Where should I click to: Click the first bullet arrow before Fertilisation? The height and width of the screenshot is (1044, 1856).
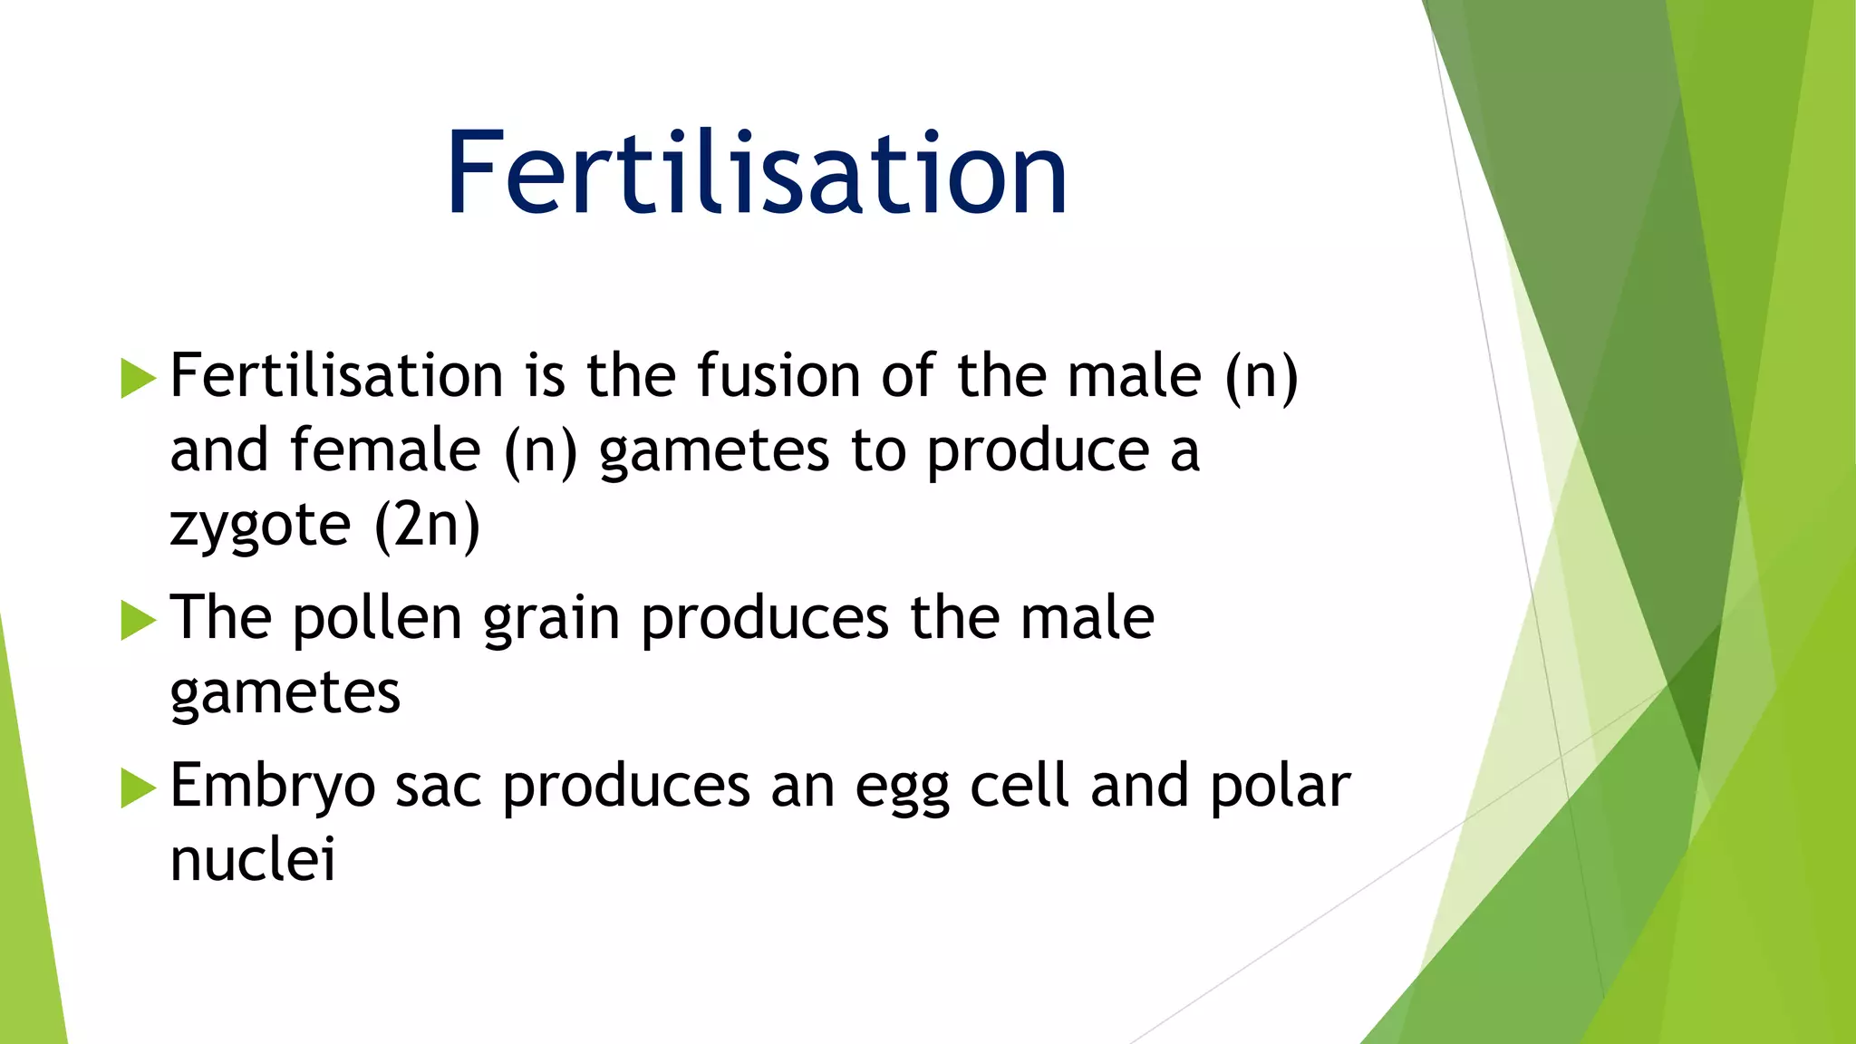click(x=138, y=378)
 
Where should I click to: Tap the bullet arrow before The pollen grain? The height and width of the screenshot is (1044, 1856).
click(x=138, y=621)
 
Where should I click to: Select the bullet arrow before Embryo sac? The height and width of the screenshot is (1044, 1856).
click(x=138, y=787)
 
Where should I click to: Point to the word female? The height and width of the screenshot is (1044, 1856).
click(x=384, y=450)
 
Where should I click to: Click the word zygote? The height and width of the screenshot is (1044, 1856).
click(x=259, y=526)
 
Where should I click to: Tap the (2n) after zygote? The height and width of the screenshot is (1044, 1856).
click(x=427, y=526)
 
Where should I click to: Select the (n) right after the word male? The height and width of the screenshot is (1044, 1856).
click(x=1261, y=376)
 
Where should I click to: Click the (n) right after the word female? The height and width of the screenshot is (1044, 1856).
click(x=540, y=450)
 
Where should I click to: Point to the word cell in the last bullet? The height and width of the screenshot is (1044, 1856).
click(x=1020, y=785)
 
